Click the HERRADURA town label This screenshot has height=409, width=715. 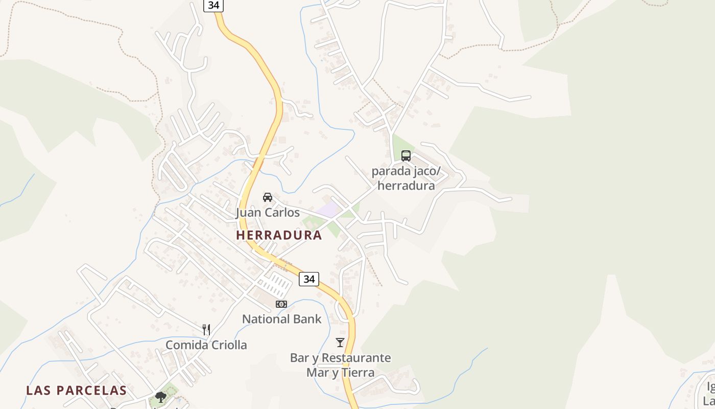(x=279, y=235)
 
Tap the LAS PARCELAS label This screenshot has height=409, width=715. (x=76, y=391)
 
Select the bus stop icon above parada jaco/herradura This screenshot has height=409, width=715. (x=406, y=156)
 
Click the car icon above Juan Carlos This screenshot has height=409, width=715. (x=268, y=197)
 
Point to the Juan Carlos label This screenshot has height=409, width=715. (x=268, y=212)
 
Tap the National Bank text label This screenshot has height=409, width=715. (x=281, y=319)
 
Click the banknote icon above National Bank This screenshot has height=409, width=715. (x=281, y=304)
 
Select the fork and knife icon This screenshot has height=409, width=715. (x=206, y=330)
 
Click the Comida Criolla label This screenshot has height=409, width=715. (x=206, y=345)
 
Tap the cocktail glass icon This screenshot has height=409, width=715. (x=340, y=343)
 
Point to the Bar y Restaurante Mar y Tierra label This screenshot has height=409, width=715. (x=340, y=365)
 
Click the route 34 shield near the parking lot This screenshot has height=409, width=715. (x=308, y=279)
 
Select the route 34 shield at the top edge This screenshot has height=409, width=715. (x=213, y=5)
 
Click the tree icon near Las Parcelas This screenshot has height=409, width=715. (x=161, y=397)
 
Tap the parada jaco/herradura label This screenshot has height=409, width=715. (x=406, y=178)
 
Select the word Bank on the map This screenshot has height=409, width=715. (x=308, y=319)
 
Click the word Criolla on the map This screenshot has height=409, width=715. (x=227, y=345)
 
